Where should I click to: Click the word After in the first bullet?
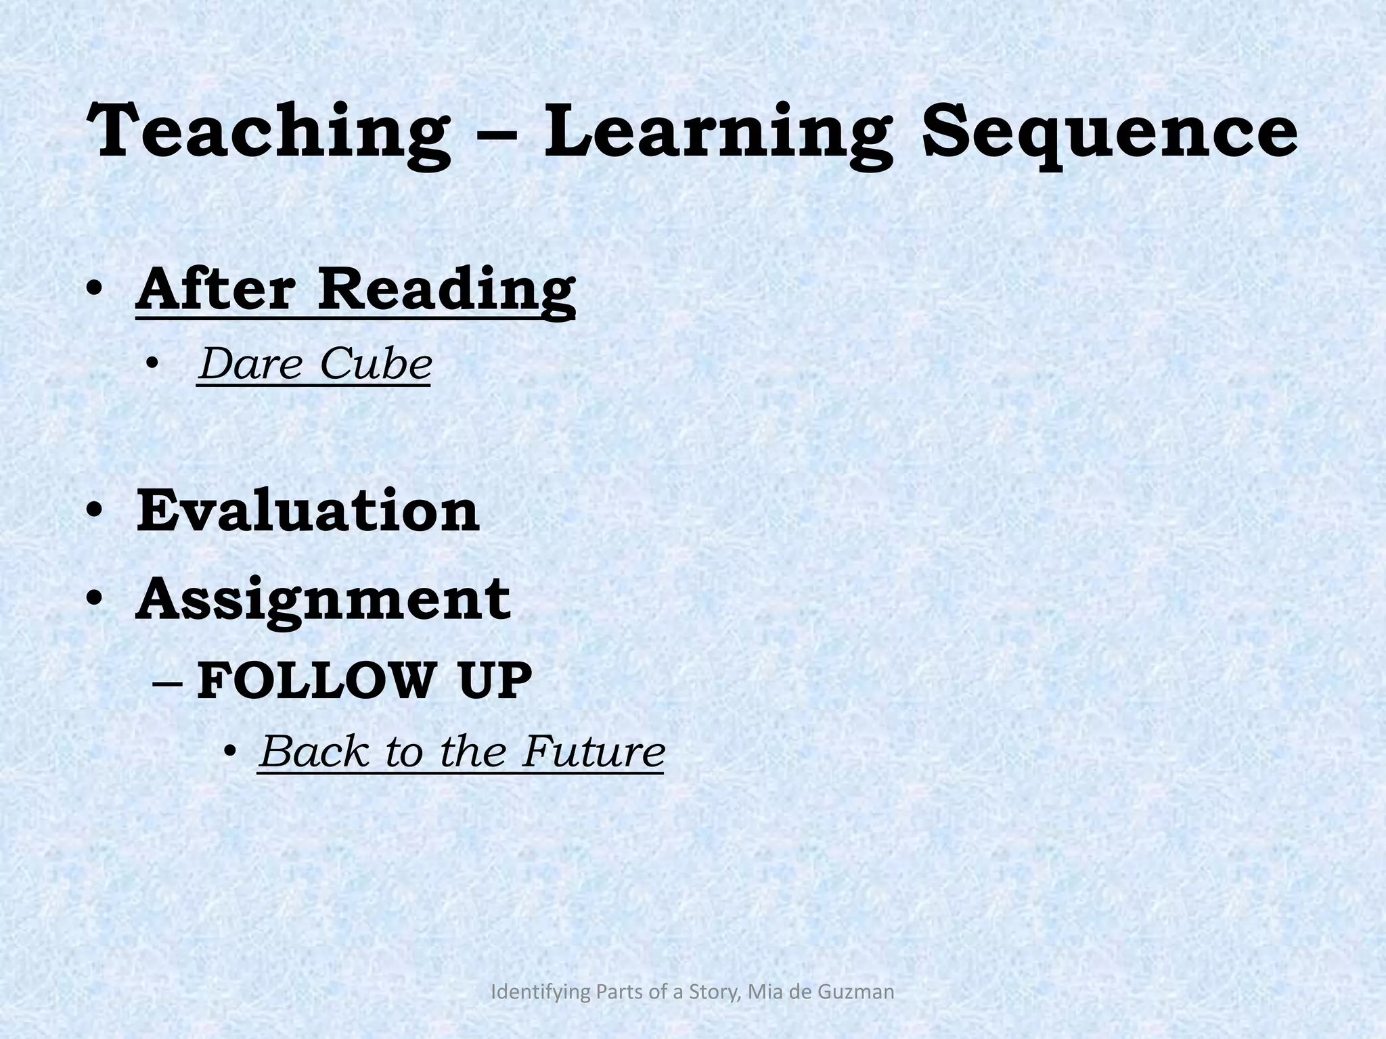point(215,289)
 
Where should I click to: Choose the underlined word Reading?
point(447,289)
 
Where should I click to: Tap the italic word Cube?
point(376,364)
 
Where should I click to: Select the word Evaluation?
point(308,511)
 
